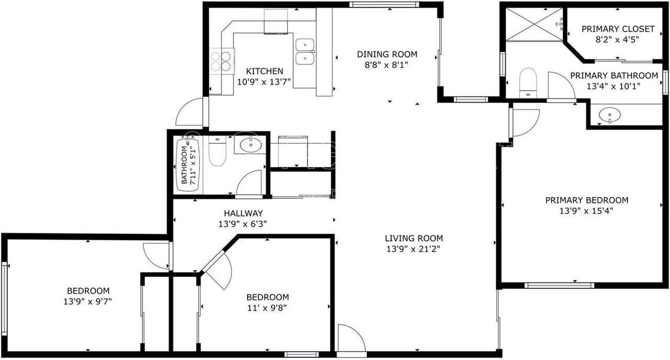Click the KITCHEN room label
264,71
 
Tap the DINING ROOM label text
387,54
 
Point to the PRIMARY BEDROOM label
586,200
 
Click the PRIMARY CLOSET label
610,29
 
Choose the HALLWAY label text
243,213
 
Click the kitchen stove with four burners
222,59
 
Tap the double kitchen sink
304,51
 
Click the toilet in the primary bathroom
528,82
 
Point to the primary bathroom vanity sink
607,115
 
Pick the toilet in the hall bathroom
217,150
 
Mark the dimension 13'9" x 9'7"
88,301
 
